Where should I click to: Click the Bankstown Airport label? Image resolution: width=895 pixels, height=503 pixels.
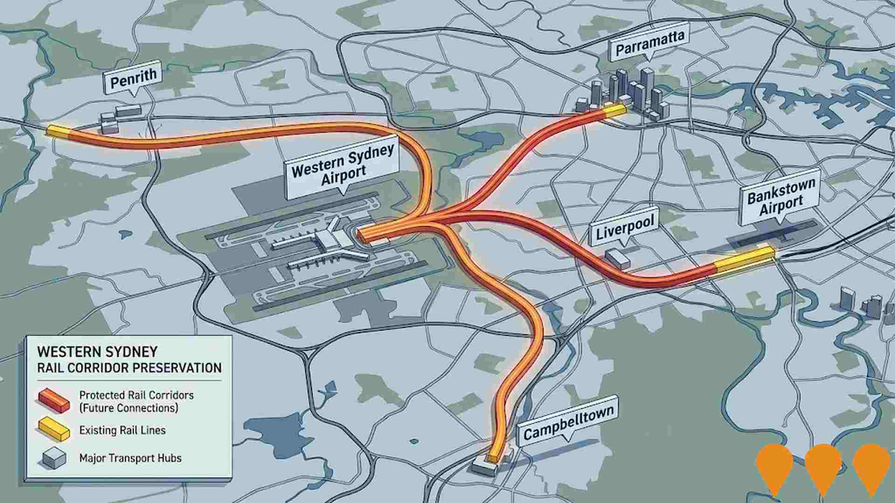pyautogui.click(x=781, y=197)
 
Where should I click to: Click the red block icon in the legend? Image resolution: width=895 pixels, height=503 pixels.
pyautogui.click(x=54, y=401)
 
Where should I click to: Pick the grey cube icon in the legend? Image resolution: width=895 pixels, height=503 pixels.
pyautogui.click(x=54, y=457)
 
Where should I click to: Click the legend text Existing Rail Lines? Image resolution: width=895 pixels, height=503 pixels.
pyautogui.click(x=122, y=430)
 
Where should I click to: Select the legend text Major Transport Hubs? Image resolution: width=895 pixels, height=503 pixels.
pyautogui.click(x=131, y=458)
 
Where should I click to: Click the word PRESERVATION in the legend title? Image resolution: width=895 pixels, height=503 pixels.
pyautogui.click(x=177, y=367)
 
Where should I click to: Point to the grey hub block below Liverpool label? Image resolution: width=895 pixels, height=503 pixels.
pyautogui.click(x=618, y=258)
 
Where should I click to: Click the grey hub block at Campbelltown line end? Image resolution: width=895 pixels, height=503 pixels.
pyautogui.click(x=485, y=467)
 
